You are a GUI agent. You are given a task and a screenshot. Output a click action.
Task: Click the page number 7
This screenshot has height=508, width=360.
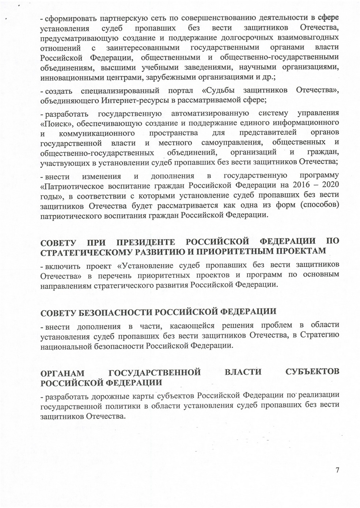point(337,470)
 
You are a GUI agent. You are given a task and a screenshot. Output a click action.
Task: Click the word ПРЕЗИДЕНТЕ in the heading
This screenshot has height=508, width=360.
point(145,242)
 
